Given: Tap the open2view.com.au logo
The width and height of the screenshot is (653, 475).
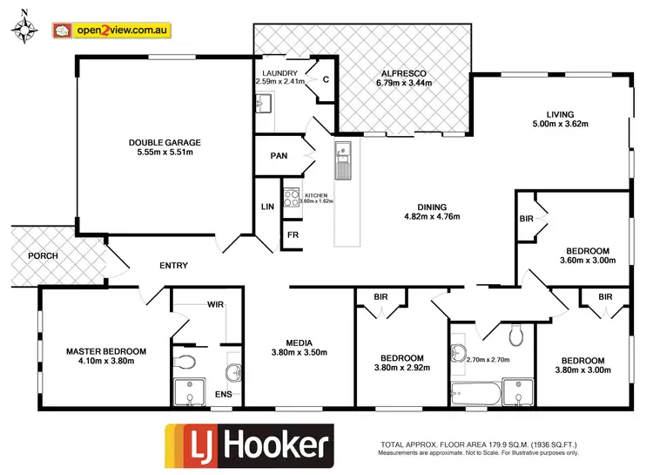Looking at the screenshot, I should point(111,31).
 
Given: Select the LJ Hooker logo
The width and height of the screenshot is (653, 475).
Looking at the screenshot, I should point(249,444).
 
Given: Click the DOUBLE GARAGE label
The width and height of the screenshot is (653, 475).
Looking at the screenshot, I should point(165,142).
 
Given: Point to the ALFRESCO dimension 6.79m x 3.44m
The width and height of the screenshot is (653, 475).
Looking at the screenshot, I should point(404,84).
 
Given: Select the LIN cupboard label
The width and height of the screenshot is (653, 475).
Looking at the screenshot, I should point(267,207).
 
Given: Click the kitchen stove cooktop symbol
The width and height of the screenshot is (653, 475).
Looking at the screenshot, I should point(291,198).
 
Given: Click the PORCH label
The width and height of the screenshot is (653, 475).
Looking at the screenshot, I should point(43,256).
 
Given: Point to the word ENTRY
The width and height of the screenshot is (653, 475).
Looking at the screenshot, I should point(174,266).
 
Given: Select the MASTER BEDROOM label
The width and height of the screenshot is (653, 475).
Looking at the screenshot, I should point(106,351).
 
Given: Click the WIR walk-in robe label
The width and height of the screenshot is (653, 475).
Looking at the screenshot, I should point(216,305).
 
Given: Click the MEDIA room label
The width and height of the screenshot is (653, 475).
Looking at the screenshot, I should point(293,343).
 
